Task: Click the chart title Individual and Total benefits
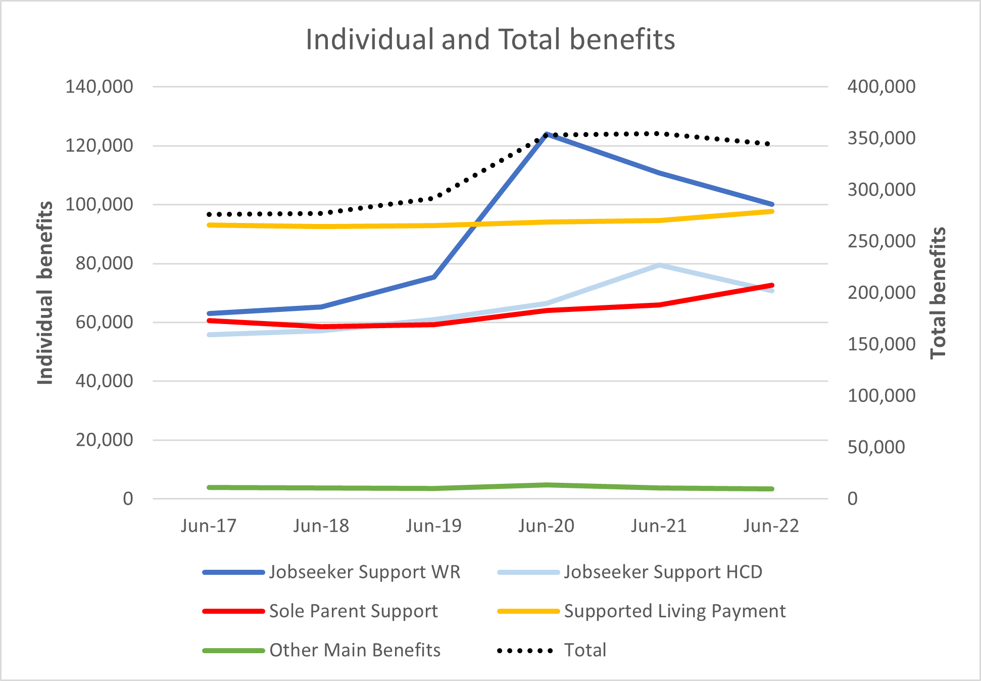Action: click(490, 39)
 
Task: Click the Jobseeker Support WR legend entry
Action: click(364, 572)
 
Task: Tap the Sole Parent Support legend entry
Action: click(353, 611)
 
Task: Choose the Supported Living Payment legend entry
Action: click(674, 611)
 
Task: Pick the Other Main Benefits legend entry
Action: click(355, 650)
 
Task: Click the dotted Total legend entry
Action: click(584, 650)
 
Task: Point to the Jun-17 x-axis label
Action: click(209, 526)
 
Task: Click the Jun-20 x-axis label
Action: click(546, 526)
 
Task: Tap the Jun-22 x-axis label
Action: click(771, 526)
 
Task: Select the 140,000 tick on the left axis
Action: click(99, 86)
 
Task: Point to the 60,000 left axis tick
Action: click(104, 322)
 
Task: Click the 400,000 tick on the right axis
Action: click(881, 86)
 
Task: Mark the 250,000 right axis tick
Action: click(881, 241)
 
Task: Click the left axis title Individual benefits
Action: click(45, 293)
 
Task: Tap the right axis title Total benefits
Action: click(938, 293)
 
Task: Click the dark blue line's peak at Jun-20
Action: click(547, 134)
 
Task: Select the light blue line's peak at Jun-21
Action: click(659, 265)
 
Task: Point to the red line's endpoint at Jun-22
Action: click(772, 286)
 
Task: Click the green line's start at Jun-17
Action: click(209, 487)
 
